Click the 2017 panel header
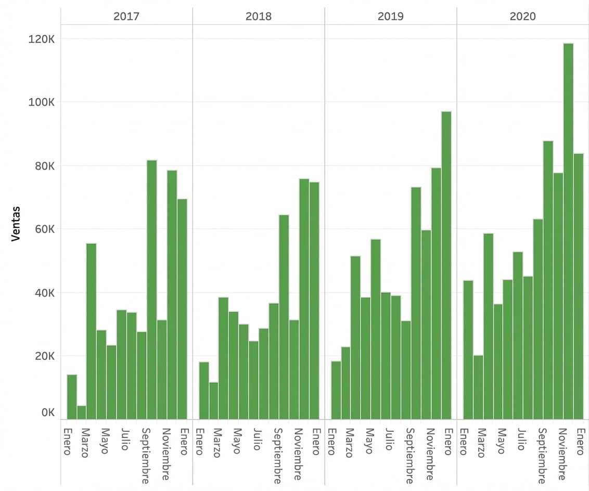(x=126, y=16)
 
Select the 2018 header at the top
(x=259, y=16)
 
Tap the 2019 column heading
(x=390, y=16)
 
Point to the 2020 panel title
(x=522, y=16)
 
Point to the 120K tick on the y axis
(x=44, y=39)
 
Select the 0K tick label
(x=48, y=412)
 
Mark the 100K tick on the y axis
(x=44, y=102)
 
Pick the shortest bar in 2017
(x=82, y=412)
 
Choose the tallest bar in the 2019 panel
(x=446, y=265)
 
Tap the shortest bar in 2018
(x=213, y=400)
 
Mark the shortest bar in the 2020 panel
(x=478, y=387)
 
